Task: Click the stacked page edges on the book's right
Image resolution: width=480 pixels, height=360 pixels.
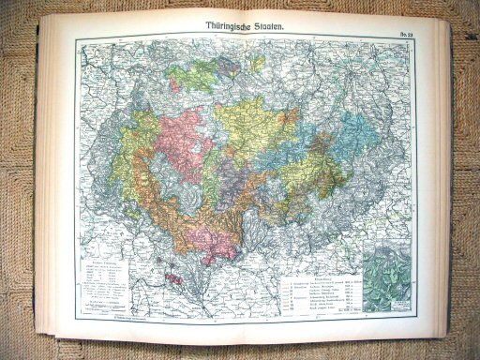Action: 454,187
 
